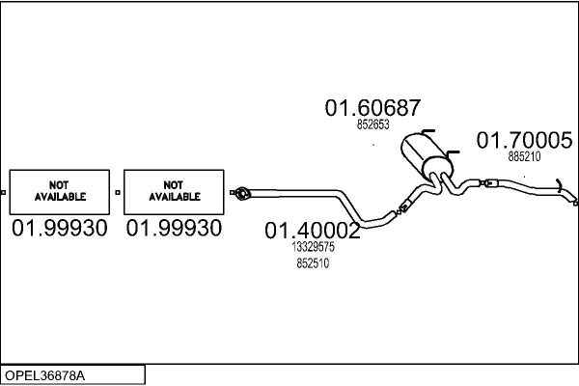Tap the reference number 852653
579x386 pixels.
(x=372, y=124)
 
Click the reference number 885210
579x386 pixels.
(x=524, y=156)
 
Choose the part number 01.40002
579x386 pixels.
(x=313, y=232)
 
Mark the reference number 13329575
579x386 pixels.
(x=313, y=248)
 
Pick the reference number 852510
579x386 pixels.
(x=313, y=262)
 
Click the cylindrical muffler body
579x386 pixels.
(x=421, y=154)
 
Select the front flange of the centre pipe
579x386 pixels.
(x=241, y=195)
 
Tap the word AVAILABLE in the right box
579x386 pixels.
(x=175, y=196)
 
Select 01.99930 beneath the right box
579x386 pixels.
(x=175, y=229)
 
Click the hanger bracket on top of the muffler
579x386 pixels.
(x=427, y=132)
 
